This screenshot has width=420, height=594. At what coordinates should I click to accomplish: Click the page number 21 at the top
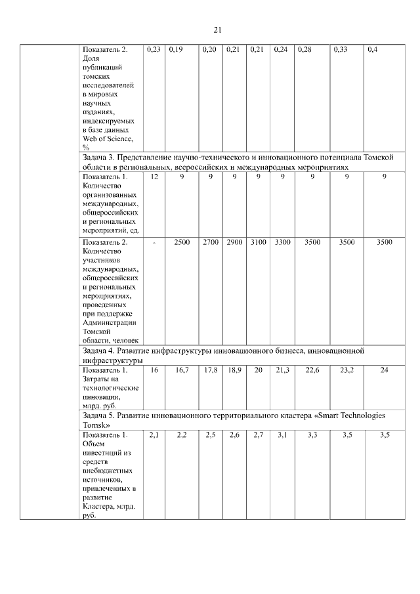tap(218, 30)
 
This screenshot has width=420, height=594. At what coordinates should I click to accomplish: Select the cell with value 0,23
tap(154, 49)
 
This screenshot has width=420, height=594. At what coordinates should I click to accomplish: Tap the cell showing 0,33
tap(341, 49)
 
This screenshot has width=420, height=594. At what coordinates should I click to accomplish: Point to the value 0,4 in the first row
tap(373, 49)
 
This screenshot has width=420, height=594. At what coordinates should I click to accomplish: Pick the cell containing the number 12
tap(154, 177)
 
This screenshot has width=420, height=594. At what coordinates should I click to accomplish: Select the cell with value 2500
tap(182, 242)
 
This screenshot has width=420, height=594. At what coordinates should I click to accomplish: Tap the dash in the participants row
tap(154, 243)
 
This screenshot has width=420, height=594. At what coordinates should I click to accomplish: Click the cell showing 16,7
tap(182, 370)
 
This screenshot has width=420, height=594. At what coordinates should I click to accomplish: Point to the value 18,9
tap(234, 370)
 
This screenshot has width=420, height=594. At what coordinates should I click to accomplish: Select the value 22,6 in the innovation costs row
tap(312, 370)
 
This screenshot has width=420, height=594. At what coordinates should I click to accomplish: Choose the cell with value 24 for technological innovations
tap(385, 370)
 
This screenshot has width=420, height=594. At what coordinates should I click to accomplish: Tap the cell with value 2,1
tap(154, 435)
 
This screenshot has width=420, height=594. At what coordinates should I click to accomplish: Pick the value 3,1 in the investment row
tap(282, 435)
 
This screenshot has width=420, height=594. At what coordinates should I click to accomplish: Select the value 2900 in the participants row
tap(234, 242)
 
